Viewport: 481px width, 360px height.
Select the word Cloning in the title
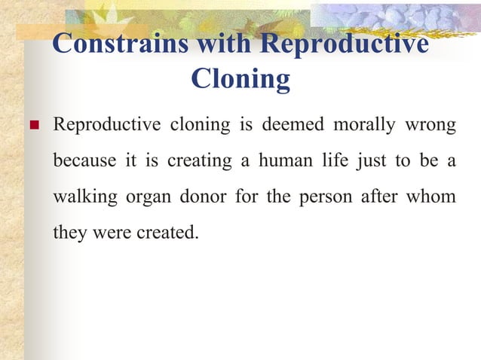240,78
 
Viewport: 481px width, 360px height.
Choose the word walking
84,197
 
